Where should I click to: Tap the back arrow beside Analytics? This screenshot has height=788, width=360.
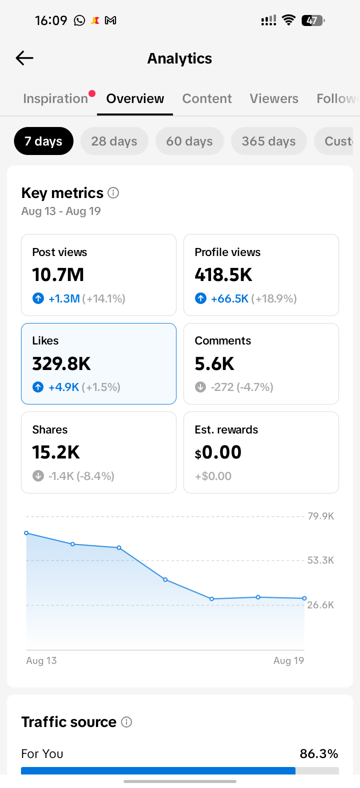pos(24,58)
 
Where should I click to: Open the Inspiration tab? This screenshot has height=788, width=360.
pos(55,98)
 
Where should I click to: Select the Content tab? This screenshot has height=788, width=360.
pos(207,98)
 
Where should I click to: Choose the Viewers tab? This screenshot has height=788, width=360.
pos(274,98)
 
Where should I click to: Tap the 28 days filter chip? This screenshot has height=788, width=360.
pos(114,141)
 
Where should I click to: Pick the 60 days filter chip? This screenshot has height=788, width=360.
pos(189,141)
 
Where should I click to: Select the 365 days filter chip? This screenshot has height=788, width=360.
pos(268,141)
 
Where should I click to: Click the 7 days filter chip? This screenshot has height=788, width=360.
pos(43,141)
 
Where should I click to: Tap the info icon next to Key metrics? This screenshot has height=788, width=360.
pos(113,193)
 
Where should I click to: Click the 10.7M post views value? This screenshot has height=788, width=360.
pos(58,274)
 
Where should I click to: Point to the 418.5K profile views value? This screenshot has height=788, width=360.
pos(223,274)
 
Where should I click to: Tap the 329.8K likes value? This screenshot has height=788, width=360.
pos(61,363)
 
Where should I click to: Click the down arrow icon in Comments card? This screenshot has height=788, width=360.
pos(200,387)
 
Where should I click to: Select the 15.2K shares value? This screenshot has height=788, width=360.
pos(56,452)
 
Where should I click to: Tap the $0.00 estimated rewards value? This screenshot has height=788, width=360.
pos(218,452)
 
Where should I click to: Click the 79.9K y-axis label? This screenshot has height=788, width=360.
pos(320,516)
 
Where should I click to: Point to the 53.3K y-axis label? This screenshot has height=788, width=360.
pos(320,560)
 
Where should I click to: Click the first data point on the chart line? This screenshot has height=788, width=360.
pos(26,533)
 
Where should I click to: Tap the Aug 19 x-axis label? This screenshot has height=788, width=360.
pos(288,660)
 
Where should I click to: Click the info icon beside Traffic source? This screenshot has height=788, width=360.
pos(126,722)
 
